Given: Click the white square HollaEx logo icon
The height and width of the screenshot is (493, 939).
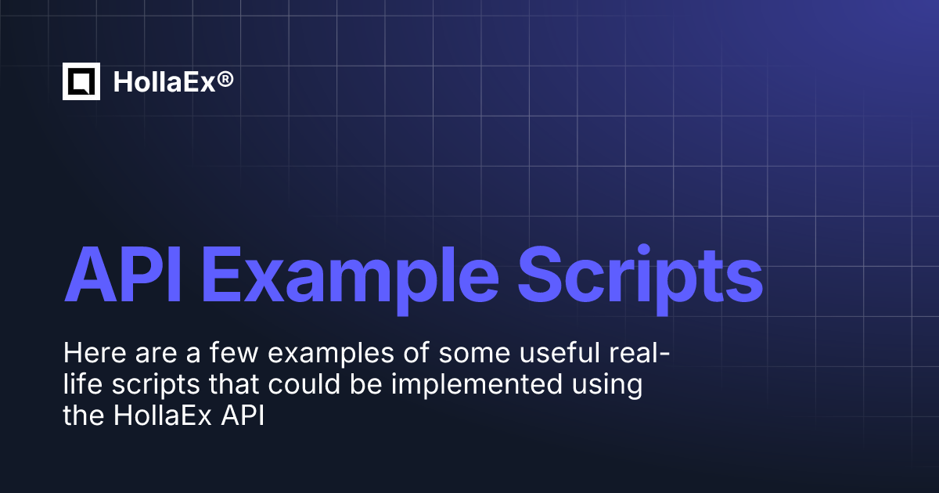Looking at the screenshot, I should coord(81,81).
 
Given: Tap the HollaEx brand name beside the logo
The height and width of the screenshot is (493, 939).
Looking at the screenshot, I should coord(163,81).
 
